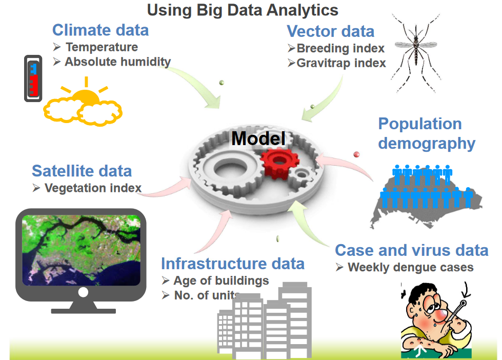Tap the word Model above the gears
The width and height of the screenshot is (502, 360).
pyautogui.click(x=258, y=138)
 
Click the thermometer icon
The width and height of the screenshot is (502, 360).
pyautogui.click(x=33, y=78)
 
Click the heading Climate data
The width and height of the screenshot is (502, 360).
pyautogui.click(x=101, y=30)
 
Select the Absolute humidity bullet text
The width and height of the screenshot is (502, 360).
pyautogui.click(x=117, y=62)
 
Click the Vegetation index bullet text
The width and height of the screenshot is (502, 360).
pyautogui.click(x=93, y=188)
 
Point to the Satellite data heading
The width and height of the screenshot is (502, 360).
pyautogui.click(x=82, y=171)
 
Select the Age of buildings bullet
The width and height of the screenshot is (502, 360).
pyautogui.click(x=221, y=281)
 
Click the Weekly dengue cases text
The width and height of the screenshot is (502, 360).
pyautogui.click(x=410, y=267)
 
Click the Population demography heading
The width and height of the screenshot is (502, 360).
pyautogui.click(x=426, y=133)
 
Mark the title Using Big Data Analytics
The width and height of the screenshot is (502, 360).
pyautogui.click(x=243, y=10)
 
